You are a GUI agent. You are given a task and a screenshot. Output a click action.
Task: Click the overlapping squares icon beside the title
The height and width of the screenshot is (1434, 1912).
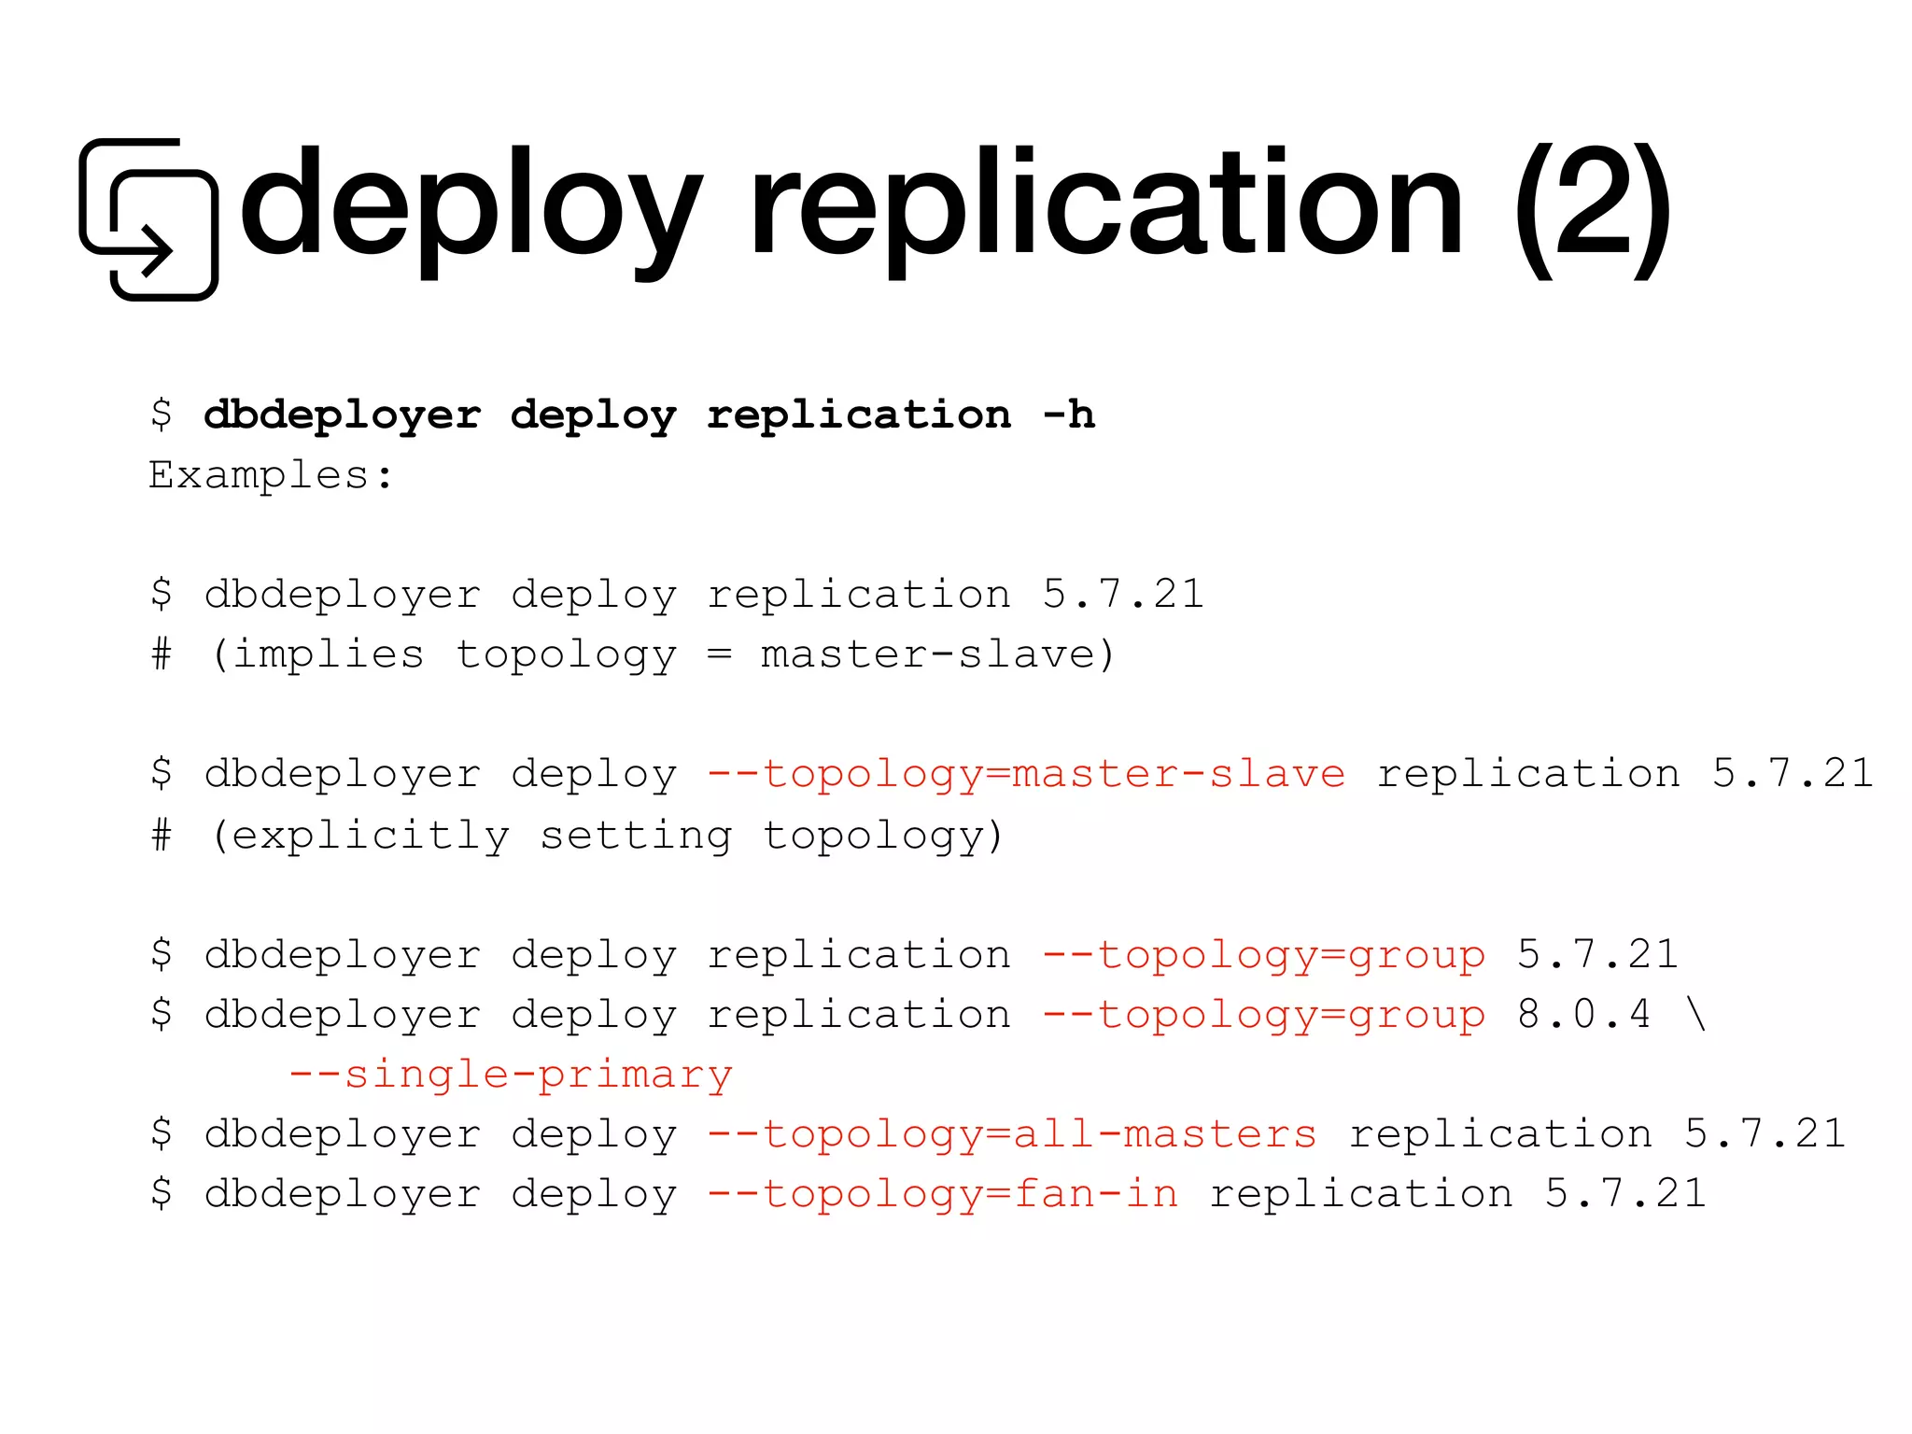click(149, 219)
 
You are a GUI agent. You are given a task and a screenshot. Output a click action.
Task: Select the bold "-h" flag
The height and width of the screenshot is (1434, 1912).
click(1069, 414)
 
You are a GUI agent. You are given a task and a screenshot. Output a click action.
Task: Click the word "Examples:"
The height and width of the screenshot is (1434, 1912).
click(271, 474)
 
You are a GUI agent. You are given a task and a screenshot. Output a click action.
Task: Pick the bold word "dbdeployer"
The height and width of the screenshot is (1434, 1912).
click(343, 414)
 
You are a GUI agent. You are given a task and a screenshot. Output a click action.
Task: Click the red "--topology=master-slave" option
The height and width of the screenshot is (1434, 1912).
click(1026, 773)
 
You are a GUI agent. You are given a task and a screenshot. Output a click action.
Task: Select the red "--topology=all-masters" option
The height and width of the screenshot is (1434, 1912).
click(1012, 1133)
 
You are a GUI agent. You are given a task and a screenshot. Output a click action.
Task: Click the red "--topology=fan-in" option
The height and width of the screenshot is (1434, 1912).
click(943, 1193)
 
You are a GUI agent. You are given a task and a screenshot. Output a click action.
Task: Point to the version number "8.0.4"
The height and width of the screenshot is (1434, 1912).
click(1584, 1014)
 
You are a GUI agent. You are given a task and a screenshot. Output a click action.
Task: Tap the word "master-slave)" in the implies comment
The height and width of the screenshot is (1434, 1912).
click(938, 654)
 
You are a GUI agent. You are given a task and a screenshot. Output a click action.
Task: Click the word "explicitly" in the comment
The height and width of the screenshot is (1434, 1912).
click(370, 834)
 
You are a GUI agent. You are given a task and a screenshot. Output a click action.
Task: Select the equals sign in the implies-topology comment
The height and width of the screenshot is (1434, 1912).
click(719, 654)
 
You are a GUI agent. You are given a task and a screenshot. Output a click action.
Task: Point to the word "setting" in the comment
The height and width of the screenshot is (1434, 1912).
click(636, 834)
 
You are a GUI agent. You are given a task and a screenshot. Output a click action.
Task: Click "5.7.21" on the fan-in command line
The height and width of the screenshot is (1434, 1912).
click(1625, 1193)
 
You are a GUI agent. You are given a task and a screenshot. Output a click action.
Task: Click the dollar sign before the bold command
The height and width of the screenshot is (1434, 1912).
click(162, 414)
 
